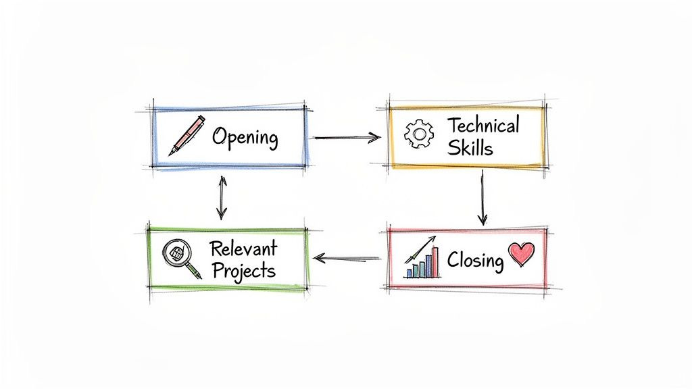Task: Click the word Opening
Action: point(245,137)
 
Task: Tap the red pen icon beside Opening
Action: point(187,135)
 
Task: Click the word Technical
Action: point(483,126)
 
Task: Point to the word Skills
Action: point(470,148)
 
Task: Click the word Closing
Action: point(475,261)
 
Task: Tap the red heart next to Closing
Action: point(521,255)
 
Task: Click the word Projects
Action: point(243,270)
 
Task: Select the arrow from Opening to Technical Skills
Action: point(347,138)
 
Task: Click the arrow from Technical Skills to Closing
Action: point(482,197)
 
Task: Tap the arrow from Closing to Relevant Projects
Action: point(347,257)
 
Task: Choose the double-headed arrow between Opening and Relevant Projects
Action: point(222,197)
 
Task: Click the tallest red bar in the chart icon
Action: point(435,263)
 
